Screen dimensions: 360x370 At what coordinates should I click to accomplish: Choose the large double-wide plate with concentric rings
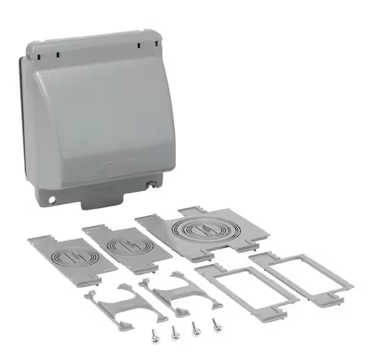click(x=201, y=231)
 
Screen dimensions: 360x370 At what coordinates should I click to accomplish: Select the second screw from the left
click(x=175, y=332)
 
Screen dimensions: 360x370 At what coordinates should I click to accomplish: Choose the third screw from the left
click(x=196, y=329)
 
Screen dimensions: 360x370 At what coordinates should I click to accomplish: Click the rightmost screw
click(x=217, y=325)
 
